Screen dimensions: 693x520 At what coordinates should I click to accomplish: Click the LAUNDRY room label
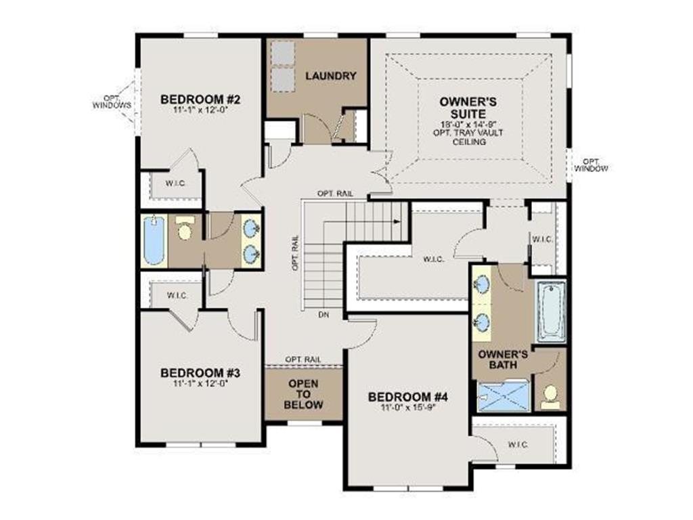(x=330, y=76)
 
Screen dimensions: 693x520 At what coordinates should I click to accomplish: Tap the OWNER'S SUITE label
(x=468, y=108)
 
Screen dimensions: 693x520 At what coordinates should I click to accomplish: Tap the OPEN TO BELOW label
(x=303, y=394)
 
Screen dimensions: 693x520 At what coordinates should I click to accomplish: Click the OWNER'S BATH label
(x=503, y=360)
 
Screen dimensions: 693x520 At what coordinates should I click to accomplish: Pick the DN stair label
(x=323, y=315)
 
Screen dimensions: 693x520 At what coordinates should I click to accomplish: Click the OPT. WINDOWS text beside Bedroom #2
(x=112, y=102)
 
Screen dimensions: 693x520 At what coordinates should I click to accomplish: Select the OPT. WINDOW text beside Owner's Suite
(x=591, y=165)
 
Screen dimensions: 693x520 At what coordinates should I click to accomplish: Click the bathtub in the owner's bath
(x=551, y=311)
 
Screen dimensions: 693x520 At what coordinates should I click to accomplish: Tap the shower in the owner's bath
(x=504, y=395)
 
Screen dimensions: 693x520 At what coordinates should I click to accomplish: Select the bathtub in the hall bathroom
(x=154, y=241)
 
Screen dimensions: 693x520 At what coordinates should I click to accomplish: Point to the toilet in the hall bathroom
(x=184, y=227)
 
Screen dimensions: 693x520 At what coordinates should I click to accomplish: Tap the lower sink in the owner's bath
(x=481, y=320)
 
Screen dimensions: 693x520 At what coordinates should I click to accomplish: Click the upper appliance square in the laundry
(x=282, y=53)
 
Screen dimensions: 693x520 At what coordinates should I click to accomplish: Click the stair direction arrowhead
(x=397, y=221)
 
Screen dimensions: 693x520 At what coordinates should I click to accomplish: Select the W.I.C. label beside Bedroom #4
(x=518, y=444)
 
